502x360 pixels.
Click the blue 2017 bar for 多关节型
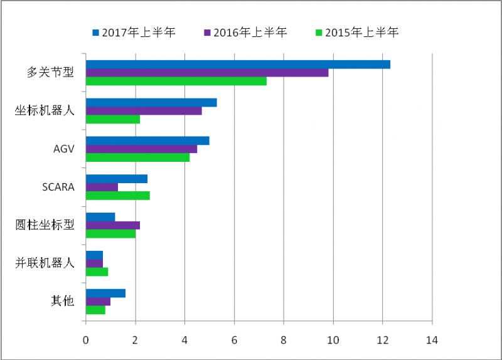(238, 64)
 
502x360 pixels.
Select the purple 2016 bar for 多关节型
(207, 73)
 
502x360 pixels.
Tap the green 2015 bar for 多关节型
(176, 81)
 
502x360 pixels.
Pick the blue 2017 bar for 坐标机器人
(151, 102)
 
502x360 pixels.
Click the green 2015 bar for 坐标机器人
(113, 119)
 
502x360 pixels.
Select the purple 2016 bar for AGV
(141, 149)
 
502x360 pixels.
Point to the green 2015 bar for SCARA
(117, 196)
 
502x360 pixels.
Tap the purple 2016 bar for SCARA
(102, 187)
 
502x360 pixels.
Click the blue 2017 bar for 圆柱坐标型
(100, 217)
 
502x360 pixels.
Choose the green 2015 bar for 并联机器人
(97, 272)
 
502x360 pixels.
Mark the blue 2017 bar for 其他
(105, 293)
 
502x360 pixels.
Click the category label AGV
(63, 149)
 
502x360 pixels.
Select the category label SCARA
(58, 187)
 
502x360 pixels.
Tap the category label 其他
(62, 301)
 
